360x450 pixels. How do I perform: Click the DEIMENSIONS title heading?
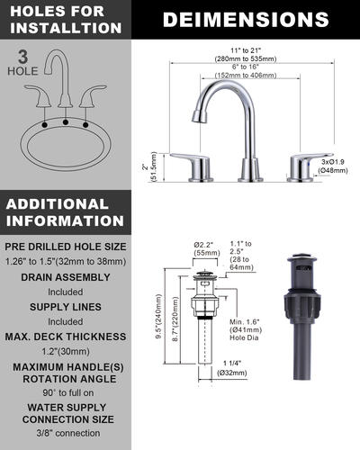tap(246, 19)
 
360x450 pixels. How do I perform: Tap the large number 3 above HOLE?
tap(22, 57)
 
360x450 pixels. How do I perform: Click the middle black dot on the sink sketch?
tap(66, 121)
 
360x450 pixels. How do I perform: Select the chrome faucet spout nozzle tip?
tap(197, 116)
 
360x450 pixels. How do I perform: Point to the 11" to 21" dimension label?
tap(246, 50)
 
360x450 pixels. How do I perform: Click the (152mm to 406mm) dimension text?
tap(246, 75)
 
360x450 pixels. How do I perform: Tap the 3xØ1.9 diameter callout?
tap(333, 162)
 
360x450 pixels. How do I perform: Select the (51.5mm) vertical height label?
tap(154, 166)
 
